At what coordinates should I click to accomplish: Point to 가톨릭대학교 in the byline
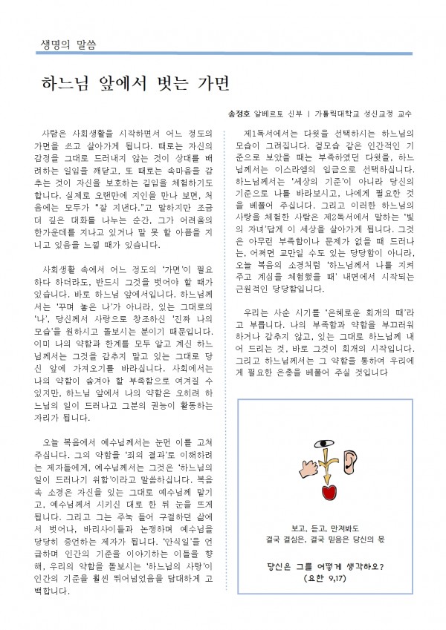[342, 115]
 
